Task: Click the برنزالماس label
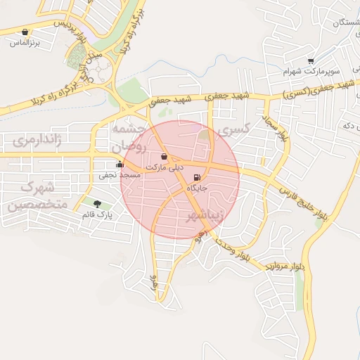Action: (x=26, y=42)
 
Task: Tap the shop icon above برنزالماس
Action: (x=26, y=32)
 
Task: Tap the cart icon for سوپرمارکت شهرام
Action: (x=311, y=61)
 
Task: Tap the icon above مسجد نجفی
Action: (x=119, y=165)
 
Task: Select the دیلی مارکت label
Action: (x=164, y=167)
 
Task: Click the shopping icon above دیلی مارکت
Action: (x=164, y=156)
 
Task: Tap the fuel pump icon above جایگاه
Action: (x=197, y=176)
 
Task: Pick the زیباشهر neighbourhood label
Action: (x=205, y=216)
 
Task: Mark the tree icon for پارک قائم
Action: (x=97, y=203)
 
